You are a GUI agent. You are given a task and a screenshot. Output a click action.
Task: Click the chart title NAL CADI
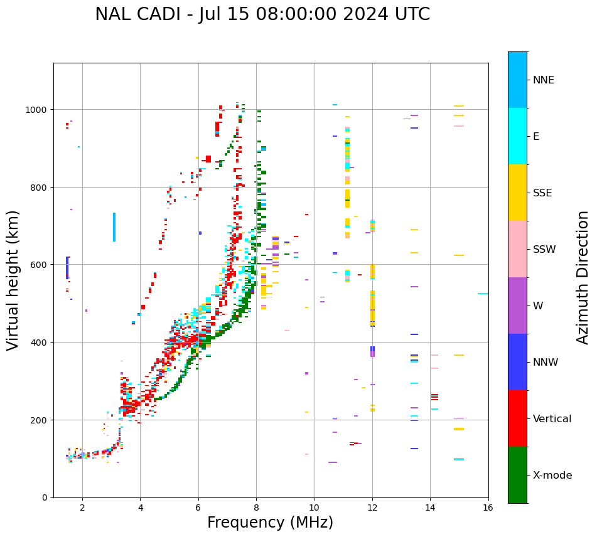coord(262,14)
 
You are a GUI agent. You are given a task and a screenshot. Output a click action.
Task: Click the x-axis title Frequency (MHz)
coord(270,523)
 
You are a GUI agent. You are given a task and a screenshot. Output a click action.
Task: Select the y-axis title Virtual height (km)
coord(13,280)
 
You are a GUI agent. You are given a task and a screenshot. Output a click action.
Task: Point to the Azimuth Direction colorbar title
coord(583,277)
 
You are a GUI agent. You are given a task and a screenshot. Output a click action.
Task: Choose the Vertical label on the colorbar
coord(552,419)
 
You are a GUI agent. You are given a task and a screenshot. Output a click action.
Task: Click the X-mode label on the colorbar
coord(552,476)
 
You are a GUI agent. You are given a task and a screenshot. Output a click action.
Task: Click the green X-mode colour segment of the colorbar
coord(517,475)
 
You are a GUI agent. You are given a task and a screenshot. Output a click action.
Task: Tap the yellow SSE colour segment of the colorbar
coord(517,193)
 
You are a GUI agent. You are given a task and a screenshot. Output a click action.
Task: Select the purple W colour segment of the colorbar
coord(517,306)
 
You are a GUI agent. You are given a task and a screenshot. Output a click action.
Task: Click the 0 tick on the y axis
coord(45,497)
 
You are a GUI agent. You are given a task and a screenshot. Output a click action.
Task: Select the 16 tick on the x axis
coord(488,508)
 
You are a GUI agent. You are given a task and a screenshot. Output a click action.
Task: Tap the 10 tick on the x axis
coord(314,508)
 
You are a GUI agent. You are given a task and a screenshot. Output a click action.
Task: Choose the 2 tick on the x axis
coord(82,508)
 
